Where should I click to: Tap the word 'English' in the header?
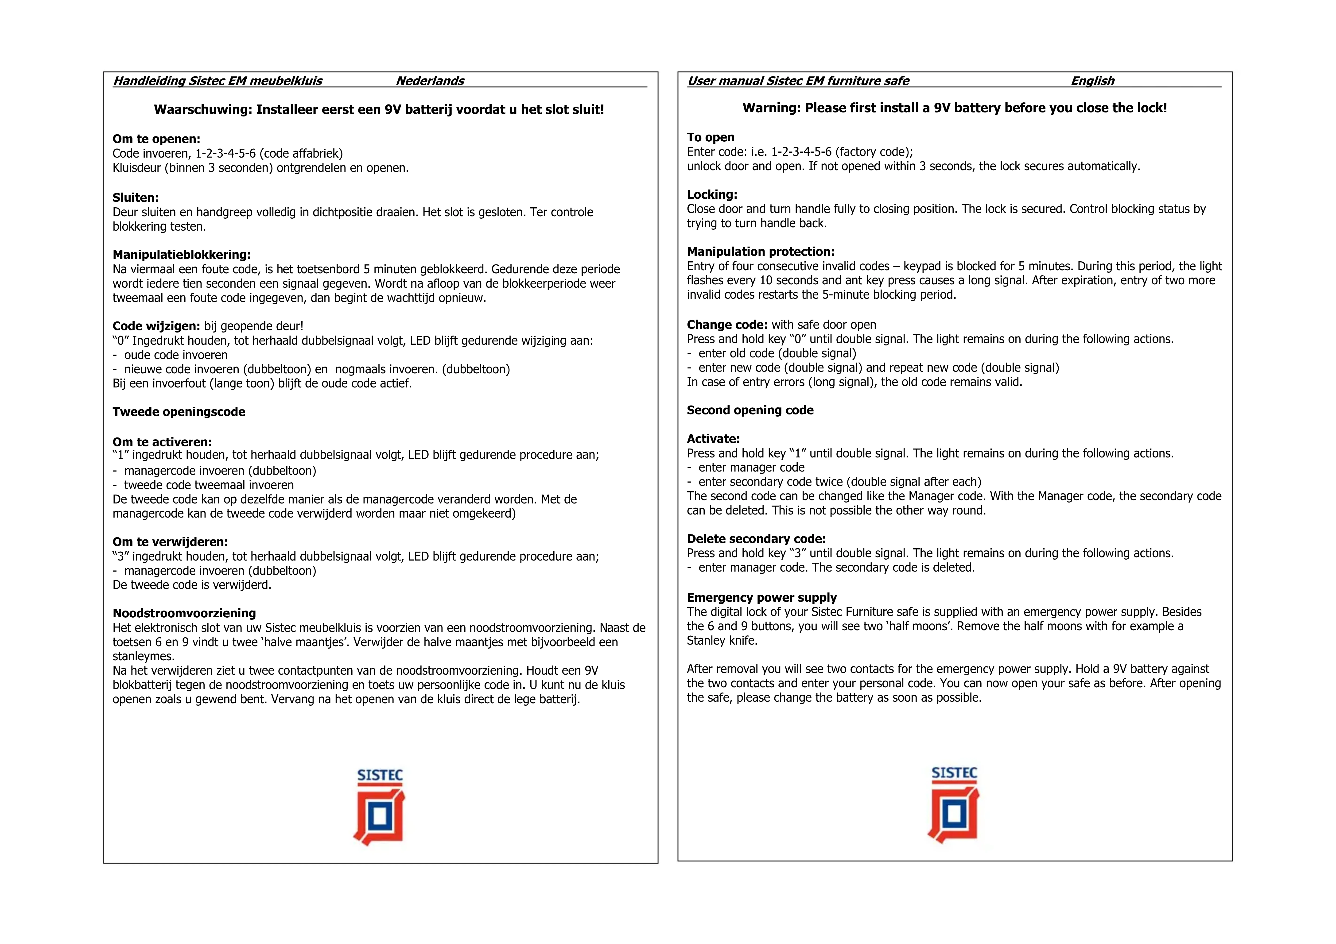point(1092,81)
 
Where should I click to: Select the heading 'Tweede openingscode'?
point(179,412)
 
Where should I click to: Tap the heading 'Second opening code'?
point(750,410)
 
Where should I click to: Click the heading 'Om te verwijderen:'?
point(170,542)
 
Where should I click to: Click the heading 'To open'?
point(711,137)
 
